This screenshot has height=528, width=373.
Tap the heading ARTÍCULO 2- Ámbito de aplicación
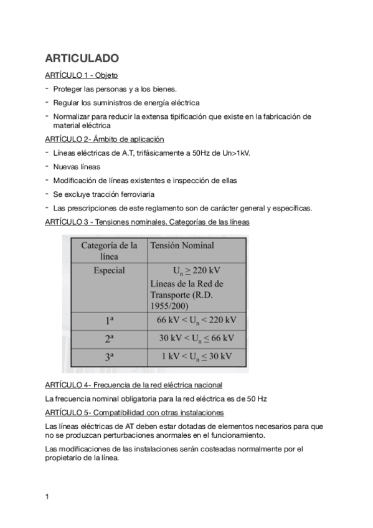click(x=104, y=139)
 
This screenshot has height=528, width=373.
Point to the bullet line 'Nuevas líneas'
click(x=77, y=167)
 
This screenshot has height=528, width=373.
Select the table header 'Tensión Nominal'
click(x=182, y=245)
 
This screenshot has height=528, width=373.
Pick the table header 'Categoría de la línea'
click(x=109, y=251)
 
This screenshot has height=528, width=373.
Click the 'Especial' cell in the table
click(x=109, y=270)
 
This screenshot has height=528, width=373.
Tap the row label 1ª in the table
click(x=109, y=321)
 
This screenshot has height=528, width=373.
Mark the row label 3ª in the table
click(x=109, y=357)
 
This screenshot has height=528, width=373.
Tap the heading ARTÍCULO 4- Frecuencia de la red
click(x=133, y=385)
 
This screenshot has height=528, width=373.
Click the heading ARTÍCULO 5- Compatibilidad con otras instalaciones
click(x=135, y=413)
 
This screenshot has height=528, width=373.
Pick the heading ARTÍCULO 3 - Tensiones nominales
click(x=148, y=222)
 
